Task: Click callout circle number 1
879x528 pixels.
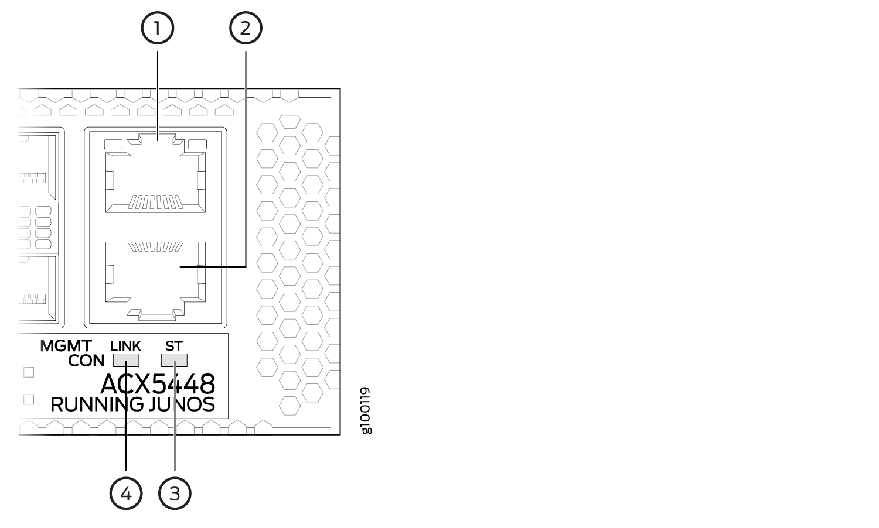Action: click(158, 28)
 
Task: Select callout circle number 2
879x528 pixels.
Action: click(246, 28)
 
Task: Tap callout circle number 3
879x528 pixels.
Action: click(175, 493)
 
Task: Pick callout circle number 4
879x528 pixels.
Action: click(126, 493)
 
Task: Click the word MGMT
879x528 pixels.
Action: click(66, 346)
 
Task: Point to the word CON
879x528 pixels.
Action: click(86, 361)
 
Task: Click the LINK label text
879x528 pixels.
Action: click(125, 346)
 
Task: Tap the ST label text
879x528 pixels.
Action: click(174, 346)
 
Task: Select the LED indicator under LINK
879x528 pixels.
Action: click(126, 360)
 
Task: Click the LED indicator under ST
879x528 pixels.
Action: click(174, 360)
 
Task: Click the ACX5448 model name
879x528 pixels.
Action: click(158, 384)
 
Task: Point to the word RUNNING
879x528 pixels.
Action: click(97, 404)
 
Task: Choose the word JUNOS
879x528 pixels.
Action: click(182, 404)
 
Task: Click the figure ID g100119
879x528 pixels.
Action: click(366, 411)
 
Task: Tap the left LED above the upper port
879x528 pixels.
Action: click(114, 144)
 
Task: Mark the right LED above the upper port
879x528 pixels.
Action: click(197, 144)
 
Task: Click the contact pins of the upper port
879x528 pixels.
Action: click(155, 201)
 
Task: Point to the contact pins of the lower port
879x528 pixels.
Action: click(155, 246)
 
